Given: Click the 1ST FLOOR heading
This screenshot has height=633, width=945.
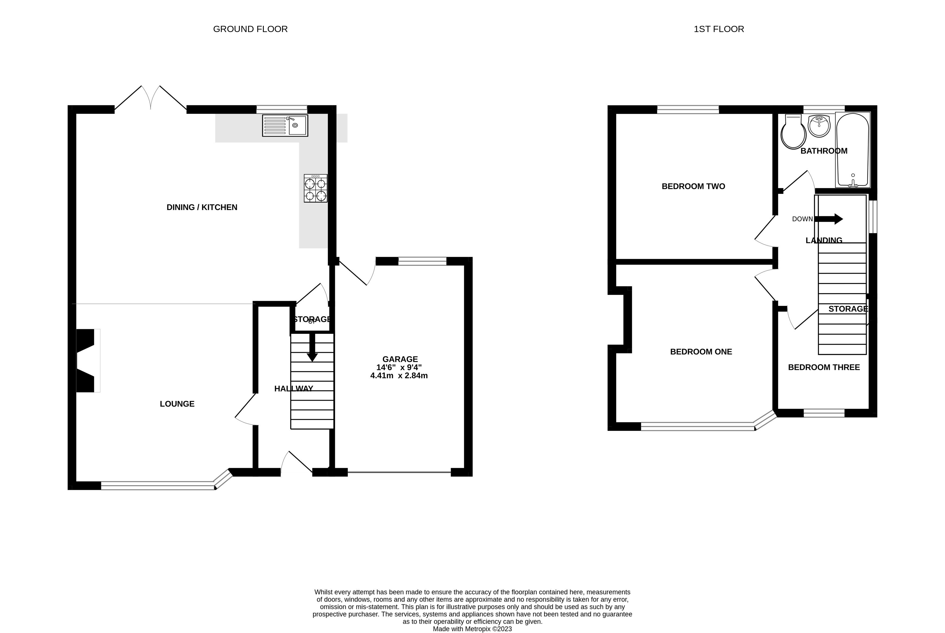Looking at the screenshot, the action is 719,29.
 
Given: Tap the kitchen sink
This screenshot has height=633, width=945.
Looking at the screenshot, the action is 285,125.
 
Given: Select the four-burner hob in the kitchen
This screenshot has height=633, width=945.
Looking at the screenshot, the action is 316,188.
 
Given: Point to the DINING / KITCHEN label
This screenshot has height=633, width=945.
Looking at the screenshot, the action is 202,207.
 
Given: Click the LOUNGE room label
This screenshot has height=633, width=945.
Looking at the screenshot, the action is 177,404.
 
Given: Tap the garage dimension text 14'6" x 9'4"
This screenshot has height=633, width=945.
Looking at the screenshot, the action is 399,367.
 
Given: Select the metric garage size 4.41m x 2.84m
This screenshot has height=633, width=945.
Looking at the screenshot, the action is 399,375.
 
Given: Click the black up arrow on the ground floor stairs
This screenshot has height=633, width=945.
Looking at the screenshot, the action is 312,346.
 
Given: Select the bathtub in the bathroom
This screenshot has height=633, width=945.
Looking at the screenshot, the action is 853,150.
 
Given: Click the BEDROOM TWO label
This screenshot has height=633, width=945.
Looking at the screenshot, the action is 693,186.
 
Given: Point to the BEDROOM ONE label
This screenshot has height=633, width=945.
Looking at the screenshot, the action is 701,352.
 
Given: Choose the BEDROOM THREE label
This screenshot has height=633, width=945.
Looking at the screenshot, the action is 824,367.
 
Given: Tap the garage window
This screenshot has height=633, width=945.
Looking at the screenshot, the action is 422,261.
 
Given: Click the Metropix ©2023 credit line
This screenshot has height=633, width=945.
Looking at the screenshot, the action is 472,629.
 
